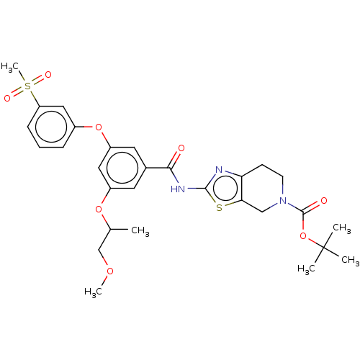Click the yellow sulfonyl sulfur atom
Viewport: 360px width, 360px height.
[28, 86]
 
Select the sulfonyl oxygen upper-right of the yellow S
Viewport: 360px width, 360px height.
[48, 74]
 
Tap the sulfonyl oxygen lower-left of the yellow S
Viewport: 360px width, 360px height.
[8, 98]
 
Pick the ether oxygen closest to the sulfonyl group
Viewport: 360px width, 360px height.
[99, 128]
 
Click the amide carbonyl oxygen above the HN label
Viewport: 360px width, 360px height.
[181, 148]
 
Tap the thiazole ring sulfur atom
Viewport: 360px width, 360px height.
[220, 208]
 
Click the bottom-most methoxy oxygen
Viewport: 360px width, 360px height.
[109, 271]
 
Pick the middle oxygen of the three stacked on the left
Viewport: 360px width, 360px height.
[99, 210]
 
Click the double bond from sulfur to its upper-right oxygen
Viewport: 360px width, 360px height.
[38, 80]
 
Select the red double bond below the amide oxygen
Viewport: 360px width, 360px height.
[176, 159]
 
